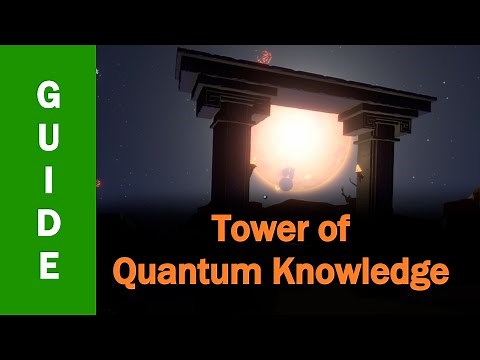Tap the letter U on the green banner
click(x=47, y=137)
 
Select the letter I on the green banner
click(x=47, y=180)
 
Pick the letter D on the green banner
click(x=47, y=223)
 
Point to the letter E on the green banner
click(x=47, y=266)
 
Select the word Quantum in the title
click(x=190, y=269)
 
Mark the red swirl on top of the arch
click(x=265, y=56)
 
